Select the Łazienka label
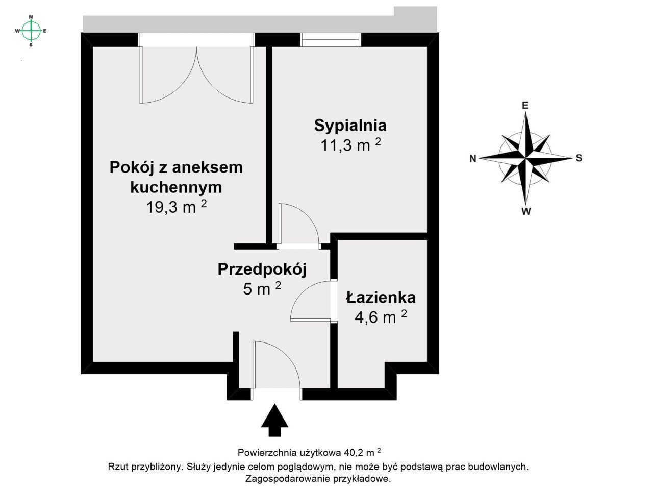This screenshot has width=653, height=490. tap(380, 297)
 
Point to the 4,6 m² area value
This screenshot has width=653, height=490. tap(380, 317)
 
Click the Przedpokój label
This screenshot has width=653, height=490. tap(262, 269)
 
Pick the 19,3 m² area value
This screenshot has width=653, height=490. tap(176, 207)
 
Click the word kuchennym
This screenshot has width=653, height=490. tap(176, 187)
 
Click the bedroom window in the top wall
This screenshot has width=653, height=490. tap(331, 40)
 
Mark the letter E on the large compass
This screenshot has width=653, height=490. tap(524, 106)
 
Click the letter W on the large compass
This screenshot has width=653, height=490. tap(526, 211)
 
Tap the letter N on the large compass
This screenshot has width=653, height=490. tap(473, 159)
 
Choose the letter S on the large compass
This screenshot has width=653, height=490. tap(579, 158)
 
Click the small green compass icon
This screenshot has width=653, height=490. tap(31, 31)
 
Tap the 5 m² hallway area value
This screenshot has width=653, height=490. tap(262, 289)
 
